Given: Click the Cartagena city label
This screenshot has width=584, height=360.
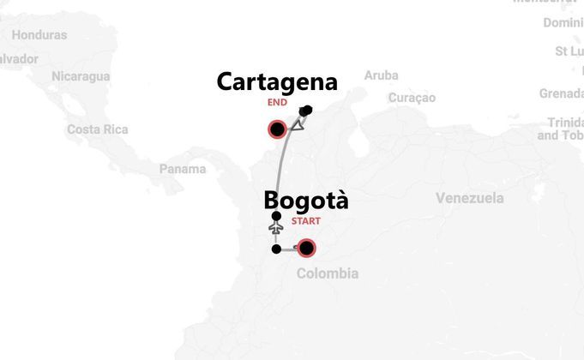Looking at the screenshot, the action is click(277, 81).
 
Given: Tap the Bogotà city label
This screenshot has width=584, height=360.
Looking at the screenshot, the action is click(306, 201).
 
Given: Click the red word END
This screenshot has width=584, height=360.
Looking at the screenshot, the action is click(277, 102).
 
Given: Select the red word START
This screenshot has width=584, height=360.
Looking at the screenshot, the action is click(306, 221).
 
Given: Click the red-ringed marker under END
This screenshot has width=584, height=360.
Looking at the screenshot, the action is click(277, 130).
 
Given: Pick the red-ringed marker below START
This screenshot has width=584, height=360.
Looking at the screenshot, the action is click(306, 249).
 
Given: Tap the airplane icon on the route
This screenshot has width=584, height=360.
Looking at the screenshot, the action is click(275, 230).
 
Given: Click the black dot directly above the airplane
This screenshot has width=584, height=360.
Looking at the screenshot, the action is click(275, 216).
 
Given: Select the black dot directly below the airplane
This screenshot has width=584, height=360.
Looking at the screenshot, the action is click(275, 249).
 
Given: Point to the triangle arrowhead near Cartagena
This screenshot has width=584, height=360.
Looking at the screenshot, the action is click(298, 125).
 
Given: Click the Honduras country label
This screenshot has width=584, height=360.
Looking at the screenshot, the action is click(39, 35).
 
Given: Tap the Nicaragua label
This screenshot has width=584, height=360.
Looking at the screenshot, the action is click(81, 76).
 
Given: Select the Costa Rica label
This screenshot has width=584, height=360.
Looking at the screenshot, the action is click(97, 129).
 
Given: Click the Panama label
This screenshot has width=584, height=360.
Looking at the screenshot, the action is click(183, 169).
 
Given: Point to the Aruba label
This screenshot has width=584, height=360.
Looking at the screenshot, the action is click(381, 75).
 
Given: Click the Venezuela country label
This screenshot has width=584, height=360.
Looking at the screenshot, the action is click(469, 198).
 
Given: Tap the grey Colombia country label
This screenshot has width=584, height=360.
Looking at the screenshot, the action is click(327, 273).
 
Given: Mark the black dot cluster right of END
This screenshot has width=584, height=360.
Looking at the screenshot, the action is click(306, 110).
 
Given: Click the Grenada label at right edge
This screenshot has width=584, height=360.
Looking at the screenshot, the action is click(561, 93).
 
